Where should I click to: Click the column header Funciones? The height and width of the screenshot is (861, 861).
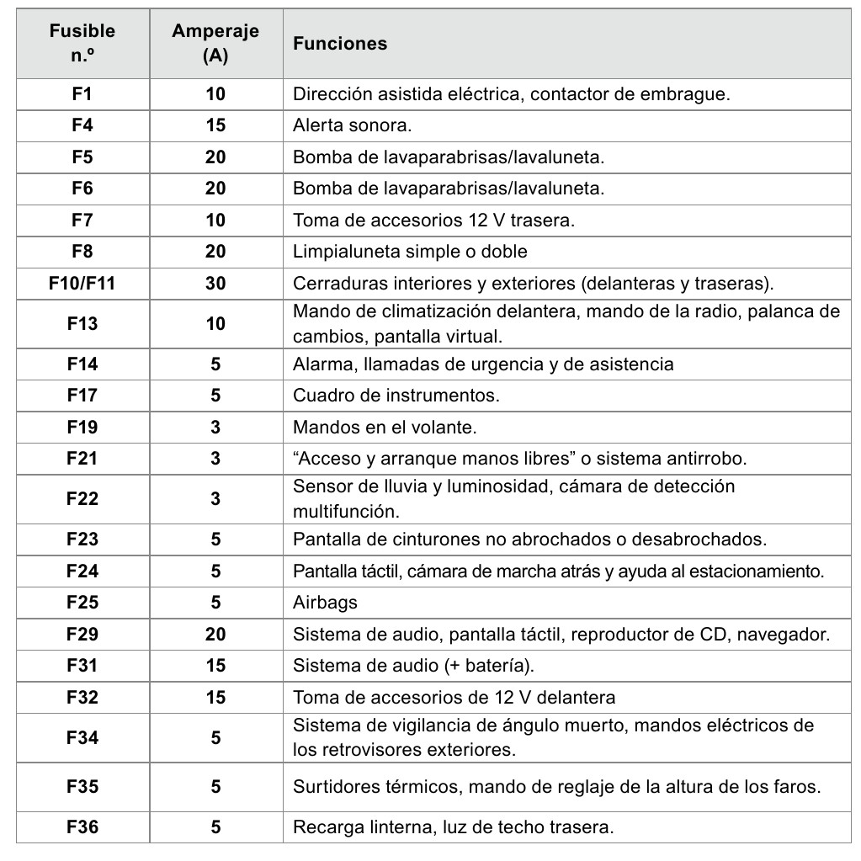(x=340, y=44)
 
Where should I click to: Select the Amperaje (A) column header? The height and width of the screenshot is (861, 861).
(x=215, y=44)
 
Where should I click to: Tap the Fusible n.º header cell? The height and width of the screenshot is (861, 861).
(x=82, y=44)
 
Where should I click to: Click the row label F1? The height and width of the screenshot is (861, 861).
(x=82, y=94)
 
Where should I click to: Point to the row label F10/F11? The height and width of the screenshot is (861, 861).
(x=82, y=283)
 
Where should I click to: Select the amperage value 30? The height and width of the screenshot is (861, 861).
(x=215, y=283)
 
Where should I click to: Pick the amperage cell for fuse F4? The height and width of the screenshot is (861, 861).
(x=215, y=125)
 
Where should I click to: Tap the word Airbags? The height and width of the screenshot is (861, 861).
(x=326, y=603)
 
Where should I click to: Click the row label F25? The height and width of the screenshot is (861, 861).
(x=82, y=603)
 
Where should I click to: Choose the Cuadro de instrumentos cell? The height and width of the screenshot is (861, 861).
(x=396, y=395)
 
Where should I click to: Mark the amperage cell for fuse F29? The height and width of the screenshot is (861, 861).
(x=215, y=634)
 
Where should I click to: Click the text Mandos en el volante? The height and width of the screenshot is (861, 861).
(x=385, y=427)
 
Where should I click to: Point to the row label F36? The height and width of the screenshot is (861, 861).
(x=82, y=827)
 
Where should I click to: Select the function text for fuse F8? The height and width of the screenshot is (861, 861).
(x=410, y=251)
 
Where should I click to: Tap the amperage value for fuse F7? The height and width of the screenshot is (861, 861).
(x=215, y=220)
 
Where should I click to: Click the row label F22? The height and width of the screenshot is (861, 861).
(x=82, y=498)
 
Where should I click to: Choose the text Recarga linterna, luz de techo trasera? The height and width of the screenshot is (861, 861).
(x=453, y=827)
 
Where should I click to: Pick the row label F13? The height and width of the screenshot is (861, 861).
(x=82, y=323)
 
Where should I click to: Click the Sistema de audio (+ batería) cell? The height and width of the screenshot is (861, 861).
(x=414, y=665)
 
